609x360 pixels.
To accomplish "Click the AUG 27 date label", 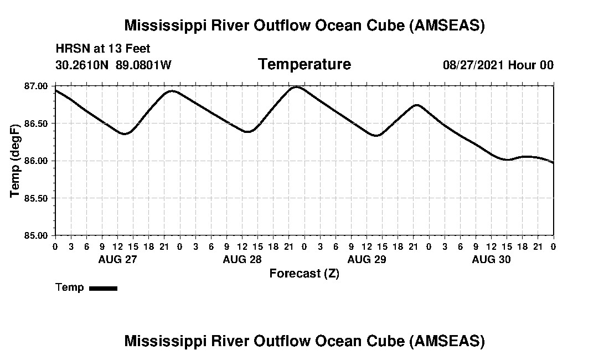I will tap(117, 259).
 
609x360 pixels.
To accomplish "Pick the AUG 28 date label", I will tap(242, 259).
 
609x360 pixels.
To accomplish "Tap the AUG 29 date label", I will tap(367, 259).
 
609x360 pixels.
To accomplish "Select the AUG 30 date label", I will tap(491, 259).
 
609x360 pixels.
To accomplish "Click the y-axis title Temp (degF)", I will tap(15, 161).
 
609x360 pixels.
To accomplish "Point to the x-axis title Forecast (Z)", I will tap(304, 274).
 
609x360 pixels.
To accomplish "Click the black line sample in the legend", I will tap(103, 288).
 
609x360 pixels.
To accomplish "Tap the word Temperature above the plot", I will tap(304, 65).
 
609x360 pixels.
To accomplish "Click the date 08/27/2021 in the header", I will tap(473, 65).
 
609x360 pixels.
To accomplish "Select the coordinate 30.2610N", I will tap(83, 65).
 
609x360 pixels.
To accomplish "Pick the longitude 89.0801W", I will tap(143, 65).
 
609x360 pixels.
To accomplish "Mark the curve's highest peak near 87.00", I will tap(297, 87).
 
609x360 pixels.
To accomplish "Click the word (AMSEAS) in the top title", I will tap(447, 25).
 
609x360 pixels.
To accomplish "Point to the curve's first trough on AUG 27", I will tap(125, 133).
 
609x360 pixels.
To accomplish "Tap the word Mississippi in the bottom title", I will tap(162, 341).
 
